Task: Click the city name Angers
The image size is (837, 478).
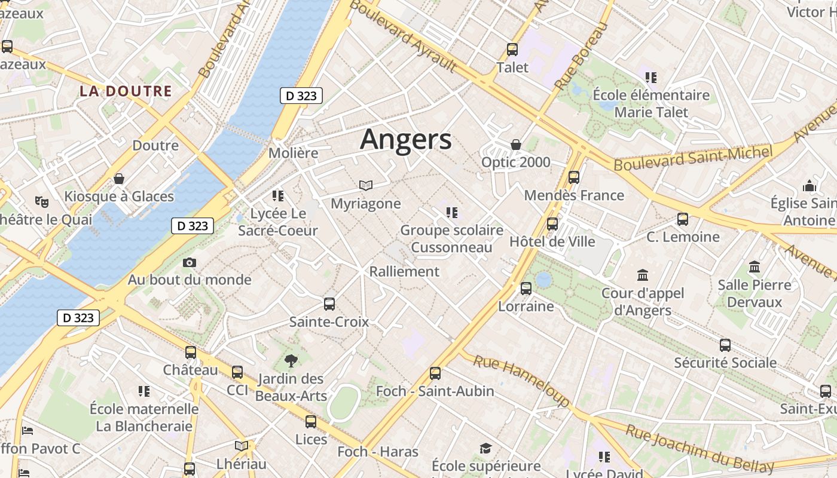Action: pyautogui.click(x=406, y=139)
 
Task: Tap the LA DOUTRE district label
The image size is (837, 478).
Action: pyautogui.click(x=126, y=91)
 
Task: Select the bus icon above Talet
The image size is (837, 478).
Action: pyautogui.click(x=512, y=50)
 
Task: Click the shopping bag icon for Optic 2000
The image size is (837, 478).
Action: pyautogui.click(x=516, y=145)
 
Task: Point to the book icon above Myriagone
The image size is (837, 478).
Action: pyautogui.click(x=366, y=186)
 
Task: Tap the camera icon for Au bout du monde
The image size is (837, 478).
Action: pyautogui.click(x=190, y=262)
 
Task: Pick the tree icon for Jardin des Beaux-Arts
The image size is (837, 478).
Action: pyautogui.click(x=291, y=360)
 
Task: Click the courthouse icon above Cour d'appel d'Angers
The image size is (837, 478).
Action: pyautogui.click(x=643, y=275)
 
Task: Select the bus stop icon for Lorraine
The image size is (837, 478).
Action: pyautogui.click(x=526, y=289)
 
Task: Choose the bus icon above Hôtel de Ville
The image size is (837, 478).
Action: pyautogui.click(x=552, y=224)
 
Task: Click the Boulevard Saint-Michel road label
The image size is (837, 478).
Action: pyautogui.click(x=694, y=158)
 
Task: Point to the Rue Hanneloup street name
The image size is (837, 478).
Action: pyautogui.click(x=521, y=380)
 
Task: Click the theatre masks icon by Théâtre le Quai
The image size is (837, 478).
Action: pyautogui.click(x=41, y=201)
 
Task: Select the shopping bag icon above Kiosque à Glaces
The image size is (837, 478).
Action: pyautogui.click(x=119, y=179)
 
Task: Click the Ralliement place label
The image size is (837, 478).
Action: pyautogui.click(x=404, y=271)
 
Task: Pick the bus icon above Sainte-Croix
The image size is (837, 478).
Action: pyautogui.click(x=329, y=304)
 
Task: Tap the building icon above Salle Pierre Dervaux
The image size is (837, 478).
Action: pyautogui.click(x=754, y=267)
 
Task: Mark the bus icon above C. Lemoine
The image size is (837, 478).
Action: pyautogui.click(x=683, y=219)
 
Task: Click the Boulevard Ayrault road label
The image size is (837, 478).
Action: pyautogui.click(x=403, y=36)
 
